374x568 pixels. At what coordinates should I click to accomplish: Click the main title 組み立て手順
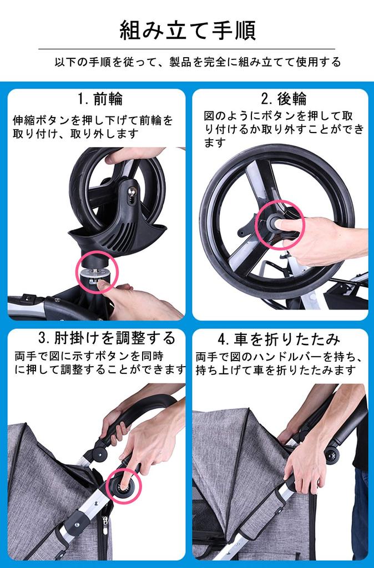point(188,31)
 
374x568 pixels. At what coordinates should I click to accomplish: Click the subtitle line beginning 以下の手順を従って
point(198,62)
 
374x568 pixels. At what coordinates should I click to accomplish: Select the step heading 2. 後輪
point(284,99)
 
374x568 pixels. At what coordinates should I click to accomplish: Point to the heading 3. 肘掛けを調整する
point(107,338)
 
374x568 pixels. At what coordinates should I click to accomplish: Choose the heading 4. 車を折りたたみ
point(279,339)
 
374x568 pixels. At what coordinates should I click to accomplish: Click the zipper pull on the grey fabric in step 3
point(105,525)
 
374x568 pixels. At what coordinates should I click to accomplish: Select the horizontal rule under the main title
point(186,49)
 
